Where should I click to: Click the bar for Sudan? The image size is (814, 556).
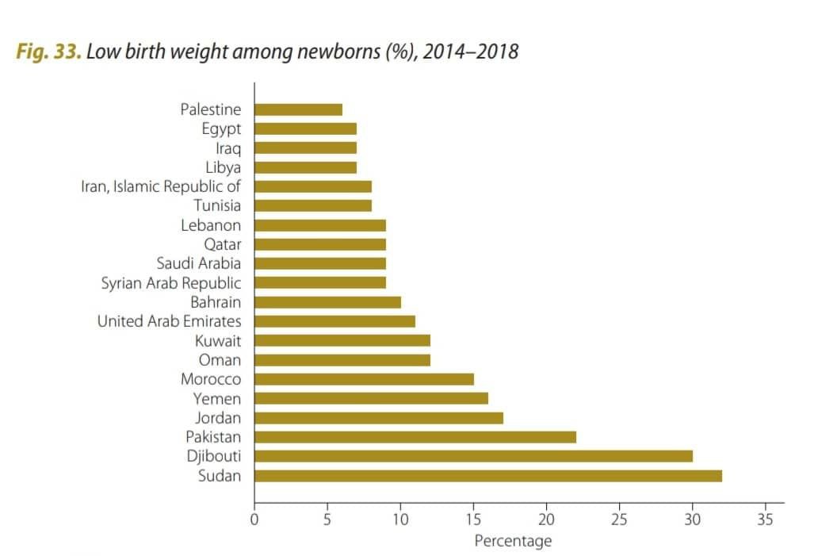487,476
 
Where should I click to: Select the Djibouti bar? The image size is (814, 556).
473,456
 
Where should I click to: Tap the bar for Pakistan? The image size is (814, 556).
415,437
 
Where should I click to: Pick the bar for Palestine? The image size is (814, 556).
298,109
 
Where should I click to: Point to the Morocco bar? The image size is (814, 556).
364,379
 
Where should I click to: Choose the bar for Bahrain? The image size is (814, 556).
327,302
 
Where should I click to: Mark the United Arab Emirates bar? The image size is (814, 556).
334,321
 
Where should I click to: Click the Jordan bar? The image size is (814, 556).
378,418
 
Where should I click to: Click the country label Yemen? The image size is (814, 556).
217,398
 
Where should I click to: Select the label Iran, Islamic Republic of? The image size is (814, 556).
161,186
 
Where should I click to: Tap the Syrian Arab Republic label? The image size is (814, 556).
171,282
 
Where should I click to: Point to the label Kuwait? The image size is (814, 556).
218,341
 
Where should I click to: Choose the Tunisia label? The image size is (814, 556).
217,205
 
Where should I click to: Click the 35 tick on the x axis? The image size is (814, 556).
765,520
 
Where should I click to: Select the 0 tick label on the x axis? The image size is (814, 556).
254,520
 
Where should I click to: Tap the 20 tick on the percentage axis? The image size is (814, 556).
546,520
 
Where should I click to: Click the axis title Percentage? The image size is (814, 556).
512,541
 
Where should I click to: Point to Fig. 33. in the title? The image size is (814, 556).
48,53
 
